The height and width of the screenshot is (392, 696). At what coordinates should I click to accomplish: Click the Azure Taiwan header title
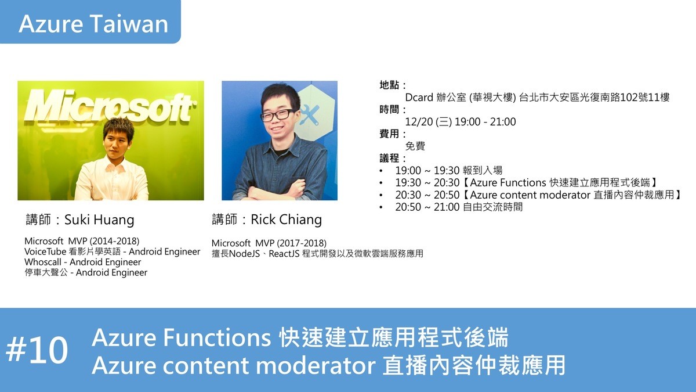tap(93, 24)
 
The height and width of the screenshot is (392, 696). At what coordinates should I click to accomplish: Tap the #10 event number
tap(37, 350)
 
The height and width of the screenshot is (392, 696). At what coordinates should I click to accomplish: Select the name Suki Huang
tap(99, 220)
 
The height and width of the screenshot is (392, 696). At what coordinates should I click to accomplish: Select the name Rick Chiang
tap(286, 220)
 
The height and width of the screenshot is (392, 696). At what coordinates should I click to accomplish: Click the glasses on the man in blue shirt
tap(277, 115)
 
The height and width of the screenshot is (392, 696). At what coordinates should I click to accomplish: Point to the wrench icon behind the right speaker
tap(310, 115)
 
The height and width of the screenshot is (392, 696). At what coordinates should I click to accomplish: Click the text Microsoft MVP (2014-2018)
tap(82, 241)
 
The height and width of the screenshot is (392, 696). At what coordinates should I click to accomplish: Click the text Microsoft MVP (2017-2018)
tap(269, 243)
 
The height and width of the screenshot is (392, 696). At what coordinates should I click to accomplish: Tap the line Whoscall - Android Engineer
tap(82, 262)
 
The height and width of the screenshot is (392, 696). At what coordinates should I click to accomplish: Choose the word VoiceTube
tap(45, 251)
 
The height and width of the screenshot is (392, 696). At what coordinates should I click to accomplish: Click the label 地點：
tap(393, 85)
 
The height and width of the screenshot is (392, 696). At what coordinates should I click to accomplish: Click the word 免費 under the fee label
tap(415, 146)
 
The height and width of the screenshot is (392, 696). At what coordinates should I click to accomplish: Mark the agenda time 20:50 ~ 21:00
tap(427, 207)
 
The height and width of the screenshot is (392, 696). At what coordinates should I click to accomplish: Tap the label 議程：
tap(393, 159)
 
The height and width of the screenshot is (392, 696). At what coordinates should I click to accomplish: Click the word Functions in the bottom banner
tap(217, 337)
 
